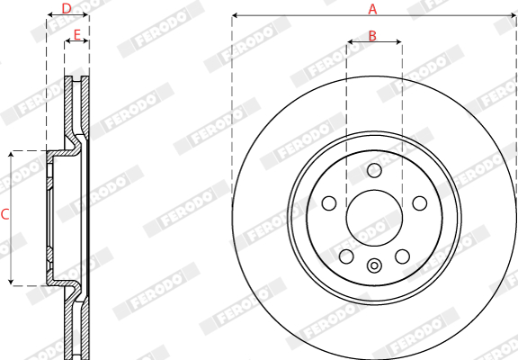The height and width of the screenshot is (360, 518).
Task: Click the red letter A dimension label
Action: pos(372,9)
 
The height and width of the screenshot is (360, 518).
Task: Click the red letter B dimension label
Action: pos(372,36)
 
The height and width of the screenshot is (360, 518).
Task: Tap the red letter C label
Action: pos(5,214)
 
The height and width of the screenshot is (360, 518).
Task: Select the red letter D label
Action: pos(67,9)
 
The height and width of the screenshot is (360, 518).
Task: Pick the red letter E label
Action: pos(77,35)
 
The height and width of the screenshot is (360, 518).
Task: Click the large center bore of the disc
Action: pos(374,218)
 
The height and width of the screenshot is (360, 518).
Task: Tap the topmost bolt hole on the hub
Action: pos(374,171)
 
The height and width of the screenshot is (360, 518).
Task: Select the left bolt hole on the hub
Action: pos(329,203)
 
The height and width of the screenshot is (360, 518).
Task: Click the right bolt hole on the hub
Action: pos(420,203)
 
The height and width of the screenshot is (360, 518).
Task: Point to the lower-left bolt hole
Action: pos(346,256)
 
